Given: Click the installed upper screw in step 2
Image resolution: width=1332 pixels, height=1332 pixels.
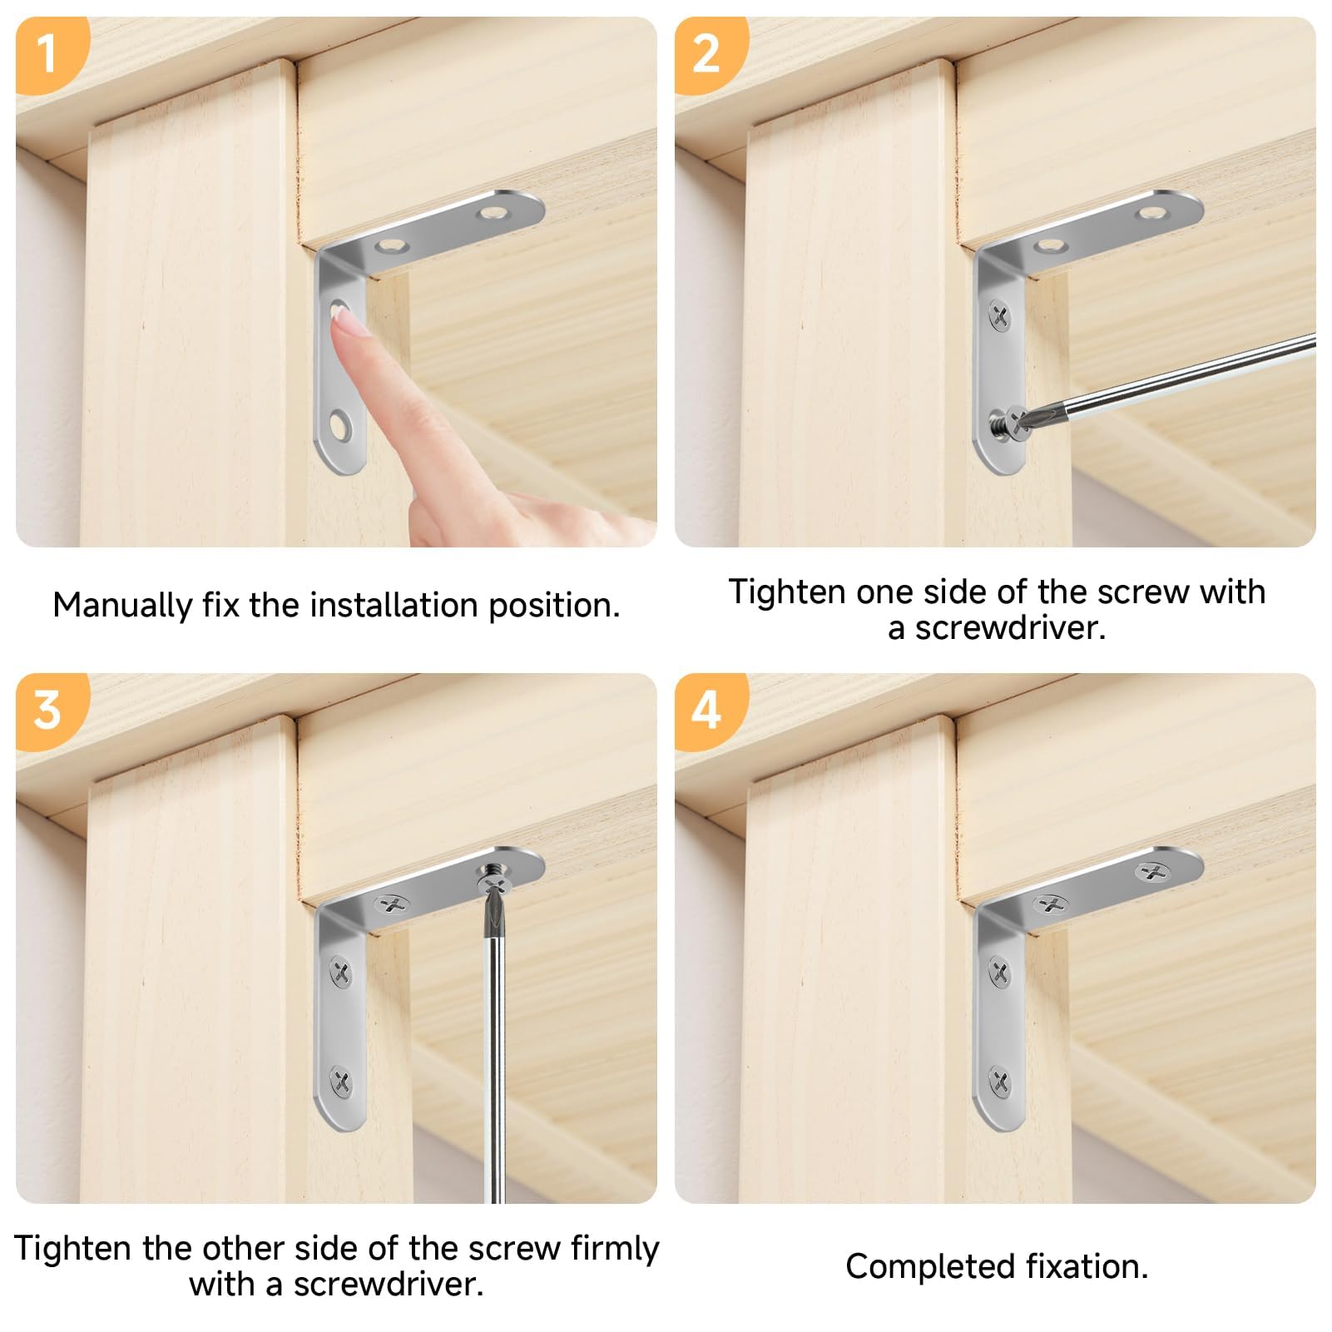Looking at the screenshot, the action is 1000,315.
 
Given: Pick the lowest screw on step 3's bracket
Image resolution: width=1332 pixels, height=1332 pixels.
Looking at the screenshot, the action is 341,1082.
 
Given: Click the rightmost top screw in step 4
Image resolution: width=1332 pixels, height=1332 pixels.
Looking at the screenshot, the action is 1152,872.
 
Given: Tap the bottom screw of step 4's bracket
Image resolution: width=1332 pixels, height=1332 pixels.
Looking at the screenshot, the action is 1000,1082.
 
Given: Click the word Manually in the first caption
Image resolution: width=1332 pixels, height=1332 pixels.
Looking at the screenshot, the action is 122,606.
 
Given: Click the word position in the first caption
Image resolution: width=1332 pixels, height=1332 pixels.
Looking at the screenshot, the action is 554,606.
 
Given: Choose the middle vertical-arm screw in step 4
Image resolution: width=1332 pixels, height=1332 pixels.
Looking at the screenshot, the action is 1000,971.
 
